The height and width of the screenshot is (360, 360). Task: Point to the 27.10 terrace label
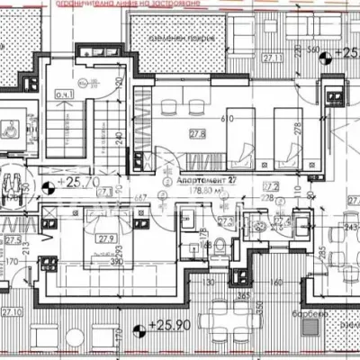(x=12, y=312)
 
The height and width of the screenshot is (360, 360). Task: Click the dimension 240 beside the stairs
(x=118, y=139)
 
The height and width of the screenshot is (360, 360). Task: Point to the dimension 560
(x=313, y=49)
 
